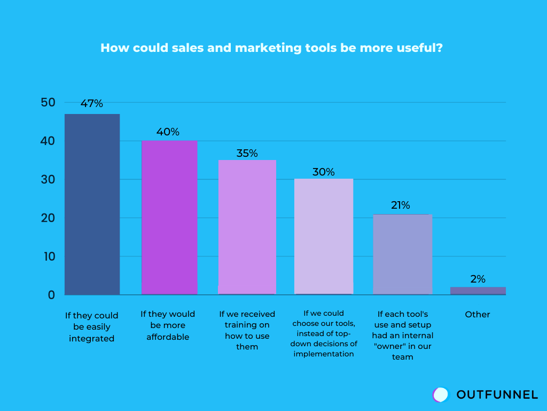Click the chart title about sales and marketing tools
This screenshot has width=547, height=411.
click(x=271, y=48)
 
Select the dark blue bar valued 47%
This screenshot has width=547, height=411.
click(x=92, y=204)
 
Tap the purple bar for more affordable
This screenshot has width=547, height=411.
click(x=169, y=217)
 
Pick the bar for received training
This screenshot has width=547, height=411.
click(x=247, y=227)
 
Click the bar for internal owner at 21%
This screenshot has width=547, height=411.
click(x=402, y=254)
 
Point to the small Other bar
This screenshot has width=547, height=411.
click(x=478, y=291)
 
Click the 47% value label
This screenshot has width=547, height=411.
click(x=92, y=104)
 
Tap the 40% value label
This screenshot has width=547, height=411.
click(x=168, y=132)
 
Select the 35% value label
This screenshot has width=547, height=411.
click(x=247, y=153)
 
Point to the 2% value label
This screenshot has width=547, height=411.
click(x=478, y=279)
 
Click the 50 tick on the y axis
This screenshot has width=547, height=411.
click(x=48, y=103)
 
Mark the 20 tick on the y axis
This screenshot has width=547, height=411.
click(x=48, y=218)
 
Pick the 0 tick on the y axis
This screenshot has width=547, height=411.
click(x=51, y=295)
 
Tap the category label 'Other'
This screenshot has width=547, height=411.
click(x=478, y=315)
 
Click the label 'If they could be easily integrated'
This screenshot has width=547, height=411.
click(x=92, y=327)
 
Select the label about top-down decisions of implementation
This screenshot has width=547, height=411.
click(x=324, y=333)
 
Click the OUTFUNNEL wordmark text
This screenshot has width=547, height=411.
click(x=497, y=395)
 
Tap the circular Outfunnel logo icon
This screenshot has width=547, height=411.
click(x=441, y=394)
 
